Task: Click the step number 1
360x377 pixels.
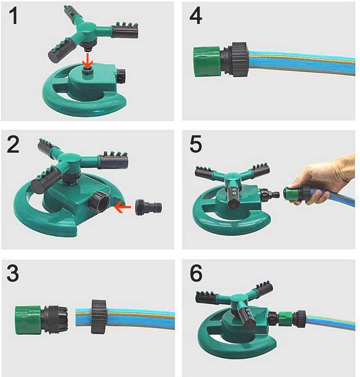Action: click(14, 15)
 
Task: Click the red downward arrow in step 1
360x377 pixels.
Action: click(87, 61)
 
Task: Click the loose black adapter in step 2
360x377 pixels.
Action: click(149, 207)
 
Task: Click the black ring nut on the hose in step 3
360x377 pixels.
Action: click(98, 316)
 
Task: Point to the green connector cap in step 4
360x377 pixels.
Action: click(207, 62)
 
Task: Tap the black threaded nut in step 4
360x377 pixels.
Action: click(240, 60)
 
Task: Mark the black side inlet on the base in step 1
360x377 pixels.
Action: click(121, 76)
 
